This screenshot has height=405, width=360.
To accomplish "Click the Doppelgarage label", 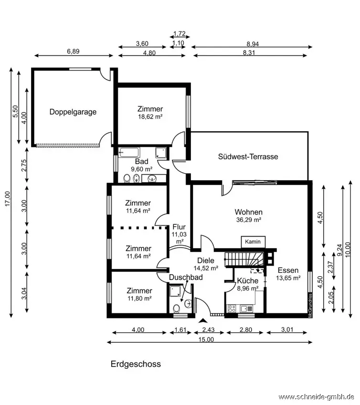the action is (73, 112).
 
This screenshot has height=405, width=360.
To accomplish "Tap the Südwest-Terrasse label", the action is (248, 156).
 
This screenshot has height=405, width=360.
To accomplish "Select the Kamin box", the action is (253, 242).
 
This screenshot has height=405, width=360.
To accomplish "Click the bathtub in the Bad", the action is (129, 153).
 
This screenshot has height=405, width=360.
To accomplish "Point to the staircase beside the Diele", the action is (244, 259).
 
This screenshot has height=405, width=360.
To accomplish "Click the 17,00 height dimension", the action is (8, 198).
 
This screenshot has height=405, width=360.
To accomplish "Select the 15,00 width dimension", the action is (206, 339).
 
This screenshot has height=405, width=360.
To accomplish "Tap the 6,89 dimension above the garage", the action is (73, 52).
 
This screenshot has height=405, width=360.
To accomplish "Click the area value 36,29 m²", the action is (249, 220).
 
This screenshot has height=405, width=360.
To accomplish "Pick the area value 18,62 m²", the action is (150, 117).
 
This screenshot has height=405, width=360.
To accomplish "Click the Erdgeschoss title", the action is (136, 364).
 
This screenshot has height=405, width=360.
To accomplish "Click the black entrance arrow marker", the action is (203, 321).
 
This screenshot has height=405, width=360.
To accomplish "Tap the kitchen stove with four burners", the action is (231, 309).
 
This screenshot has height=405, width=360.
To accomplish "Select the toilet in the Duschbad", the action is (177, 308).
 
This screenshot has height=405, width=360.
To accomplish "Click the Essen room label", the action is (288, 270).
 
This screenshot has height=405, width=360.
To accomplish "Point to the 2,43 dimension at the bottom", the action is (208, 330).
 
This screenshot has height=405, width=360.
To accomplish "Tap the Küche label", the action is (248, 281).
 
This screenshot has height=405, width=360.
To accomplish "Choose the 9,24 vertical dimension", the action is (340, 250).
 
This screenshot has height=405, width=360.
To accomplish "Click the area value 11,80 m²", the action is (139, 299).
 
